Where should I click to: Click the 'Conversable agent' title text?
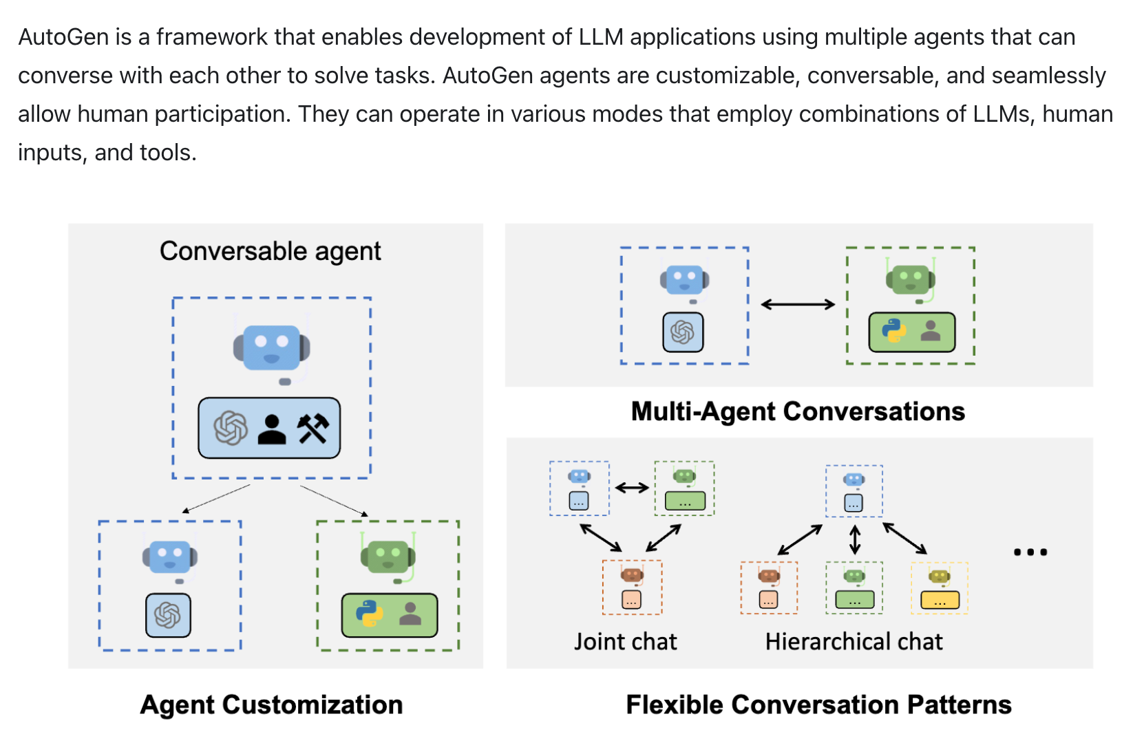pyautogui.click(x=270, y=251)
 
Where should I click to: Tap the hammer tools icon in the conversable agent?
pyautogui.click(x=313, y=429)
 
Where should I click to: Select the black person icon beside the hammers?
pyautogui.click(x=272, y=429)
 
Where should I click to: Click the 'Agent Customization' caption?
pyautogui.click(x=271, y=704)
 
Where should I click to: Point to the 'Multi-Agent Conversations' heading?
pyautogui.click(x=798, y=411)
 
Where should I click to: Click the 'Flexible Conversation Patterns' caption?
pyautogui.click(x=818, y=704)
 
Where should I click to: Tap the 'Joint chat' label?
pyautogui.click(x=626, y=641)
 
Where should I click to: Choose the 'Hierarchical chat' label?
pyautogui.click(x=854, y=641)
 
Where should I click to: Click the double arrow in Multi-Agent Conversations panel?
pyautogui.click(x=798, y=304)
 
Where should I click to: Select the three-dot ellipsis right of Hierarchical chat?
pyautogui.click(x=1030, y=552)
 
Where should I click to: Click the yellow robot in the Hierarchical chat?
pyautogui.click(x=939, y=577)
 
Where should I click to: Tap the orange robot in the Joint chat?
pyautogui.click(x=632, y=574)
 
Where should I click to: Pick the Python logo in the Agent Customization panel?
pyautogui.click(x=370, y=613)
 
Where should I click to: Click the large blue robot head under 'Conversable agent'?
pyautogui.click(x=272, y=347)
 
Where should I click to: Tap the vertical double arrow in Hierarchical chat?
pyautogui.click(x=855, y=539)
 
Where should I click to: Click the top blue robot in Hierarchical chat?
pyautogui.click(x=854, y=480)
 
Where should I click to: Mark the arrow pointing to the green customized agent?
pyautogui.click(x=334, y=500)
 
